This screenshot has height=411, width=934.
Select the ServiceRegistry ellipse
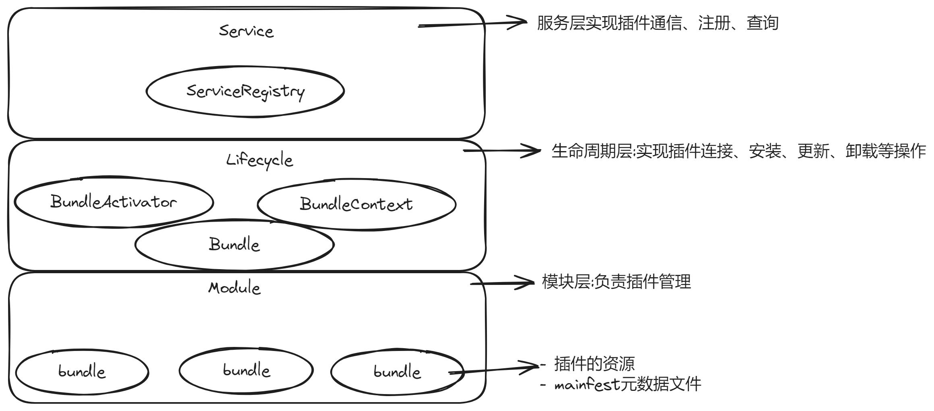click(x=245, y=91)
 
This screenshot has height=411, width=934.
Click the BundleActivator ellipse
click(x=114, y=202)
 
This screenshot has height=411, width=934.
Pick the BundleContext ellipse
click(x=356, y=204)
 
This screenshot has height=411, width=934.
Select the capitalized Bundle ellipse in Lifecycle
click(x=234, y=245)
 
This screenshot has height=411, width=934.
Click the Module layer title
click(x=234, y=288)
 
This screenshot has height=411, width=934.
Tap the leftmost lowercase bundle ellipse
click(x=82, y=372)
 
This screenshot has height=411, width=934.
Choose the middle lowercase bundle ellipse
click(x=246, y=370)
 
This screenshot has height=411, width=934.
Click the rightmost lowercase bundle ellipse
click(x=397, y=372)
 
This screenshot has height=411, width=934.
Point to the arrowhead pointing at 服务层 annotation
click(x=520, y=22)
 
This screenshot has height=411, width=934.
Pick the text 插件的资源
click(x=594, y=364)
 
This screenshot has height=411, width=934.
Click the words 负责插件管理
click(x=643, y=282)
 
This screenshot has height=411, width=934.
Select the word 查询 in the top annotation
click(x=762, y=23)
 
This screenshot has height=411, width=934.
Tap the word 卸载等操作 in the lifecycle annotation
click(x=886, y=152)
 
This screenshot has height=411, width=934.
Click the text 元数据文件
click(x=661, y=384)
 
